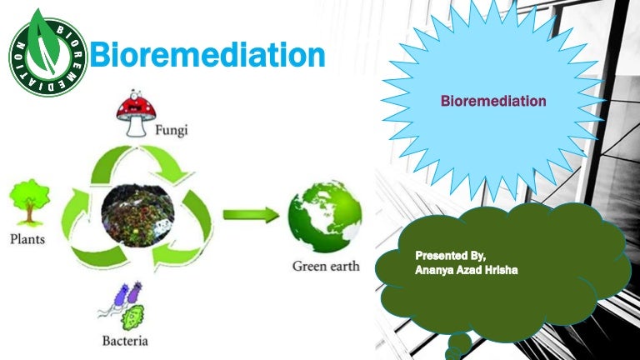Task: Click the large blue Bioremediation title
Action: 206,56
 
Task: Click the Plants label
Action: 27,239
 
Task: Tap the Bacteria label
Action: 126,340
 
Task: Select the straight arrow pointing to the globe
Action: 250,215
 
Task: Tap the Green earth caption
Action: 326,267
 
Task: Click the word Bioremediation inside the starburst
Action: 493,101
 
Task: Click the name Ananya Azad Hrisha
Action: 467,268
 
